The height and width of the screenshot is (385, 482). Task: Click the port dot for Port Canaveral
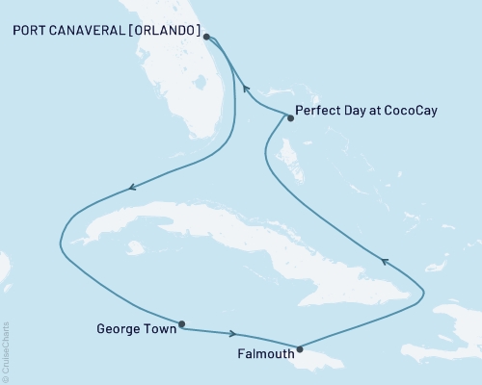[205, 37]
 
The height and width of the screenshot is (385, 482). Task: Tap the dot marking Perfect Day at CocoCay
[289, 117]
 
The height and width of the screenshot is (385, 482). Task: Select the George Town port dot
[181, 324]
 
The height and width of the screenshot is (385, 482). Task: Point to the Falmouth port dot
[301, 349]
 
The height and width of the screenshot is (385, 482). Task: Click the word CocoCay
[409, 111]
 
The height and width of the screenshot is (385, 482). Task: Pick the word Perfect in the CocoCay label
[322, 111]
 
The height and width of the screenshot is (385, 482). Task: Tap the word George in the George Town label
[120, 328]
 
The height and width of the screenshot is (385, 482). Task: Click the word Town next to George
[158, 328]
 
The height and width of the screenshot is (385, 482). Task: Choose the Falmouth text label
[260, 353]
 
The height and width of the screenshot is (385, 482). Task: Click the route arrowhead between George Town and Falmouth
[233, 334]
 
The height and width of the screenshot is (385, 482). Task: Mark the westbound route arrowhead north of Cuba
[131, 187]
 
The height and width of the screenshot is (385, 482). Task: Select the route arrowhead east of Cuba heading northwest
[385, 260]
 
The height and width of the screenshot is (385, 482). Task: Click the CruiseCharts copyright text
[6, 352]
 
